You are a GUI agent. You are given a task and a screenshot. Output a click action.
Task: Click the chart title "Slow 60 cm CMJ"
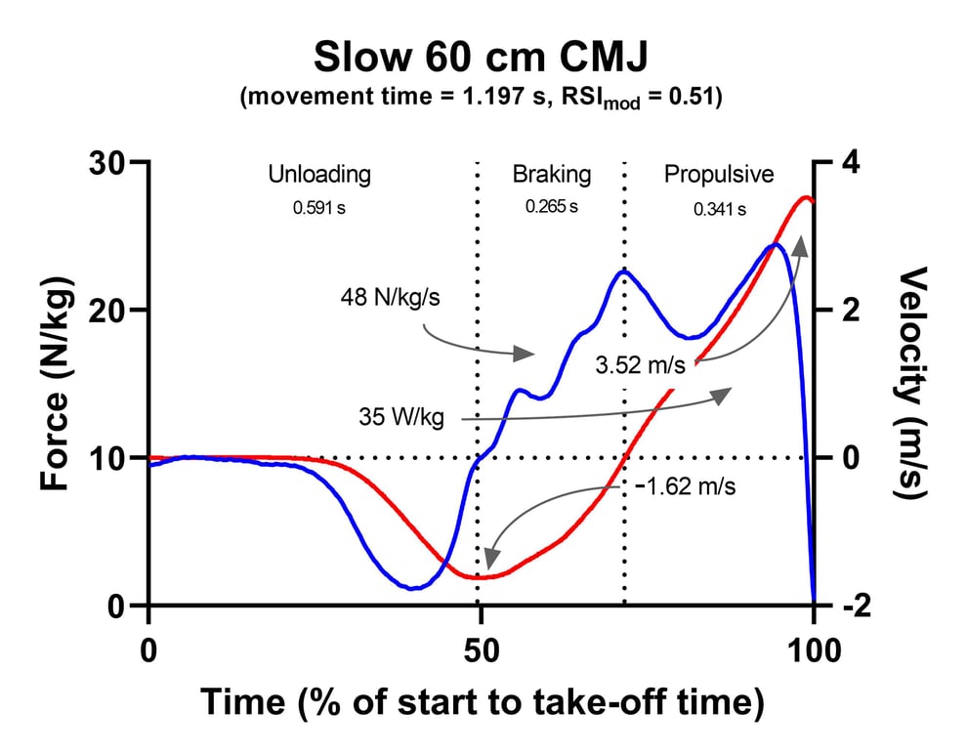(483, 59)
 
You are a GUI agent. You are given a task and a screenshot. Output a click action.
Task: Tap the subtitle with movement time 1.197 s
(483, 101)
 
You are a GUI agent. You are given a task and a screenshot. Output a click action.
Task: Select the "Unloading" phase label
(319, 175)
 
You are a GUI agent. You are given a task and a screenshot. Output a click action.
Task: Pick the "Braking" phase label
(552, 175)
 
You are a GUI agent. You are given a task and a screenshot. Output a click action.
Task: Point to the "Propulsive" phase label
(719, 175)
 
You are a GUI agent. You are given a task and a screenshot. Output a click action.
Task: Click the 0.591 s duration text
(318, 208)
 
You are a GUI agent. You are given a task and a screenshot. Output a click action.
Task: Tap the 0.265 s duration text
(552, 207)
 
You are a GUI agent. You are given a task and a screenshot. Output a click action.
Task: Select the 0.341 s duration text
(720, 209)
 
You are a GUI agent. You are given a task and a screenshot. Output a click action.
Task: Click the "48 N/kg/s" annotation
(391, 296)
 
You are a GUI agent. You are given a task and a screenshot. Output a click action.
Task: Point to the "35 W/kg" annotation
(401, 418)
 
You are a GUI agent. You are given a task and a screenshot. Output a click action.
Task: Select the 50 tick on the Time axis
(480, 649)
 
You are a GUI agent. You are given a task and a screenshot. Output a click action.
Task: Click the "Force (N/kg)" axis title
(56, 384)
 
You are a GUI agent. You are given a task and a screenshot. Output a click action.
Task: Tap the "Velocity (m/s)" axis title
(914, 384)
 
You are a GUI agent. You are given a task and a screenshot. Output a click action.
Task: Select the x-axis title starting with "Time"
(482, 702)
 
